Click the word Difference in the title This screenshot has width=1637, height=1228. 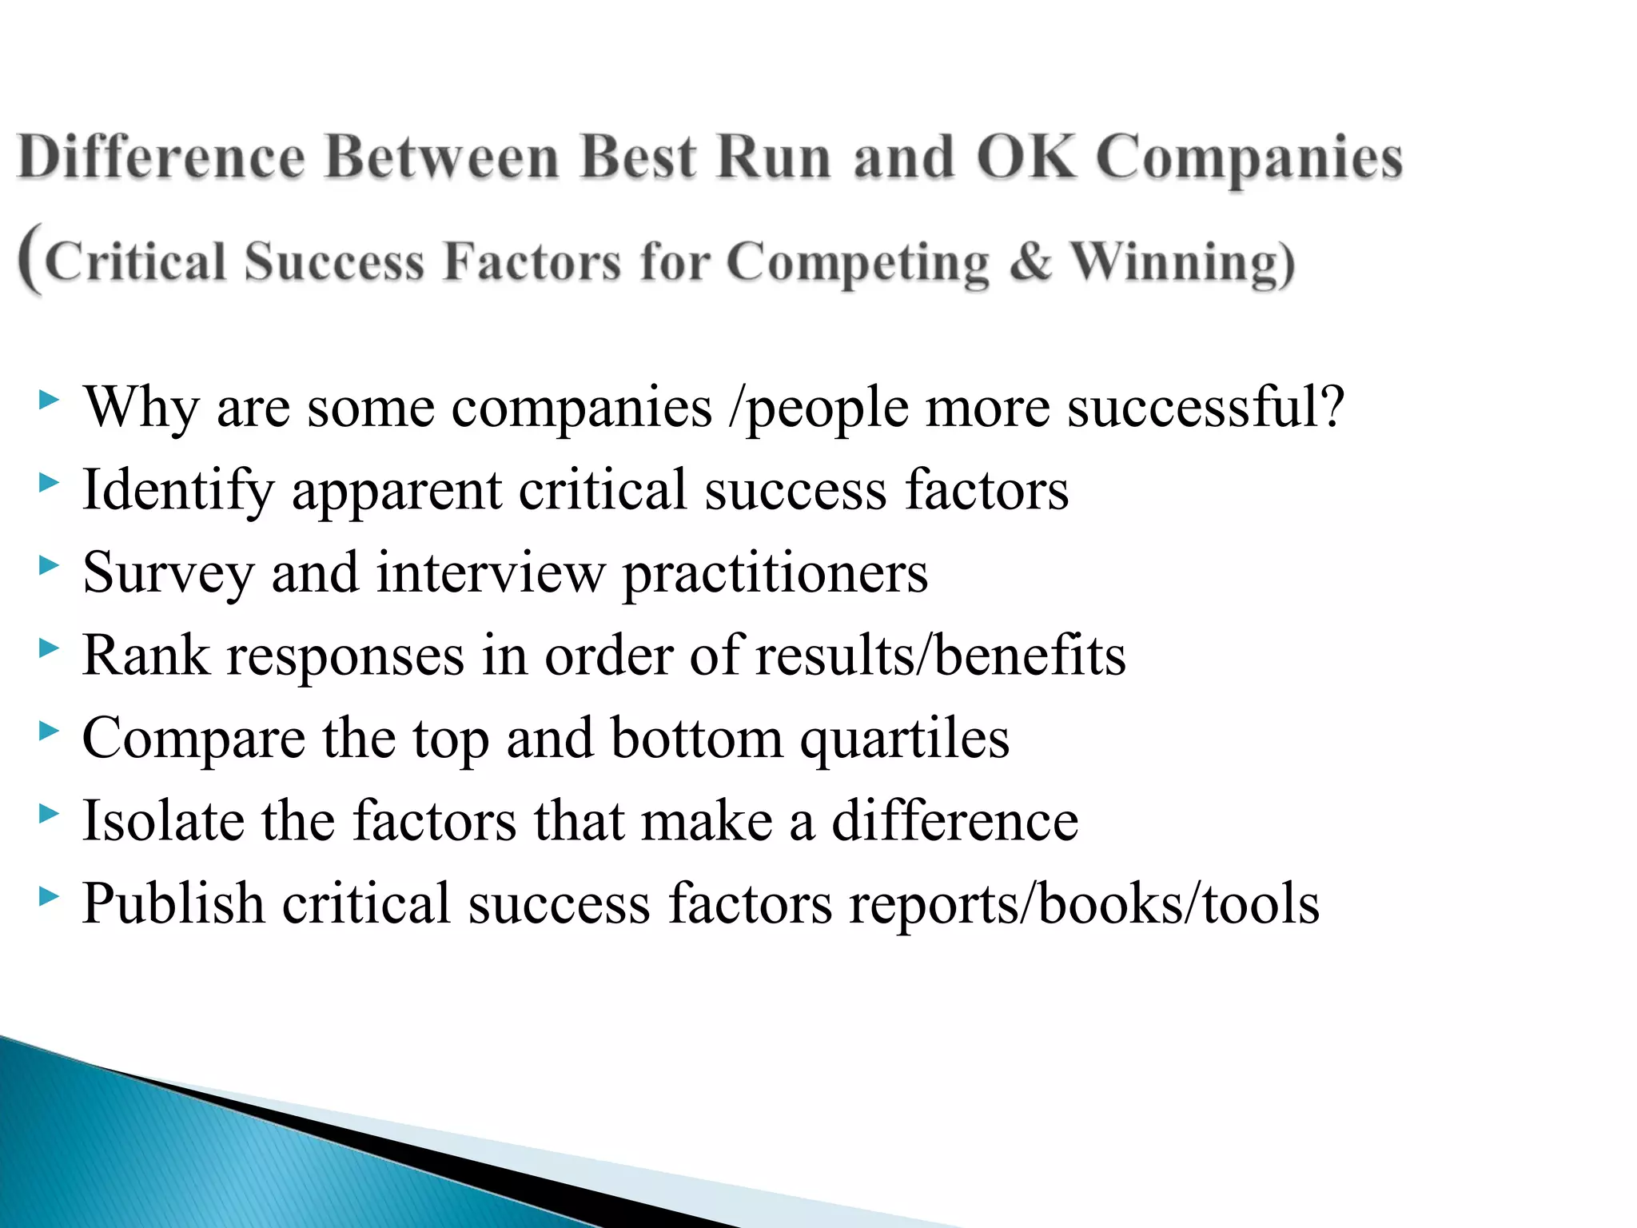point(161,157)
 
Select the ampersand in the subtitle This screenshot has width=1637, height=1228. point(1030,262)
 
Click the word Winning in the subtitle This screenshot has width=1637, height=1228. point(1181,262)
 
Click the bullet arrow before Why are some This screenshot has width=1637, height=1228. point(49,399)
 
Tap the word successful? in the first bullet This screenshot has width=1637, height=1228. point(1206,407)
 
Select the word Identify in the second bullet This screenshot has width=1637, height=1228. point(178,490)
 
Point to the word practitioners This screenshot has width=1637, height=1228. point(775,574)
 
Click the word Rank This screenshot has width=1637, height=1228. point(145,656)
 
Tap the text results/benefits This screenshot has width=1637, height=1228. point(940,656)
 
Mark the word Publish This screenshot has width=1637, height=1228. point(173,903)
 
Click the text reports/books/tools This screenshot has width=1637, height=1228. point(1084,903)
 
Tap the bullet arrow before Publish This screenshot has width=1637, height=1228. point(49,896)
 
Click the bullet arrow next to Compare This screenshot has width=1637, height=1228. point(49,731)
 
